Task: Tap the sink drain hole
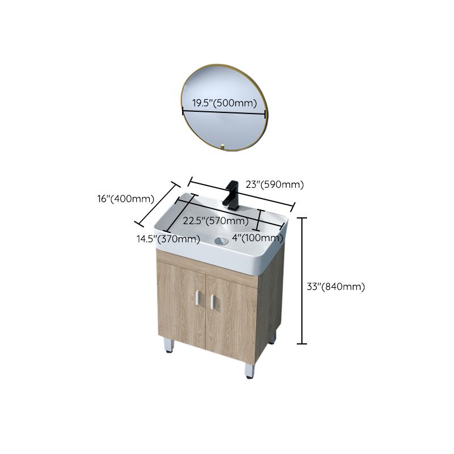[x=222, y=241]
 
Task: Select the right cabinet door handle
[x=213, y=302]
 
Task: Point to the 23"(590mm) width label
[x=275, y=184]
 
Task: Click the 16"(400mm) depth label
[x=125, y=199]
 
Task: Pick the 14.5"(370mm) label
[x=167, y=239]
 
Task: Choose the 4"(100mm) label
[x=257, y=238]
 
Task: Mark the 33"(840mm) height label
[x=336, y=287]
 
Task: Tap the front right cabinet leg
[x=249, y=371]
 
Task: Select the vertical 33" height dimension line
[x=302, y=281]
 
